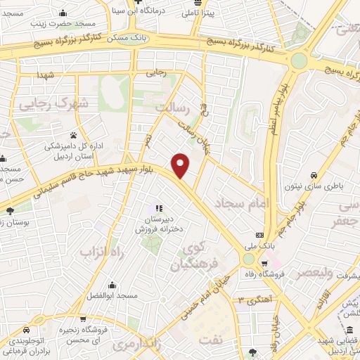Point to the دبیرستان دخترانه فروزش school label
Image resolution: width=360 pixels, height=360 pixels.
point(158,224)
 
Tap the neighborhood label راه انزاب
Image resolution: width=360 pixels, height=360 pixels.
point(96,251)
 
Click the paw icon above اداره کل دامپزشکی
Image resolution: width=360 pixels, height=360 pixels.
point(74,134)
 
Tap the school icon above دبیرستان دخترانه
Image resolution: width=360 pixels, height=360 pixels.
point(158,208)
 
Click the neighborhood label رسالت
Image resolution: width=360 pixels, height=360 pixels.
point(178,107)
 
